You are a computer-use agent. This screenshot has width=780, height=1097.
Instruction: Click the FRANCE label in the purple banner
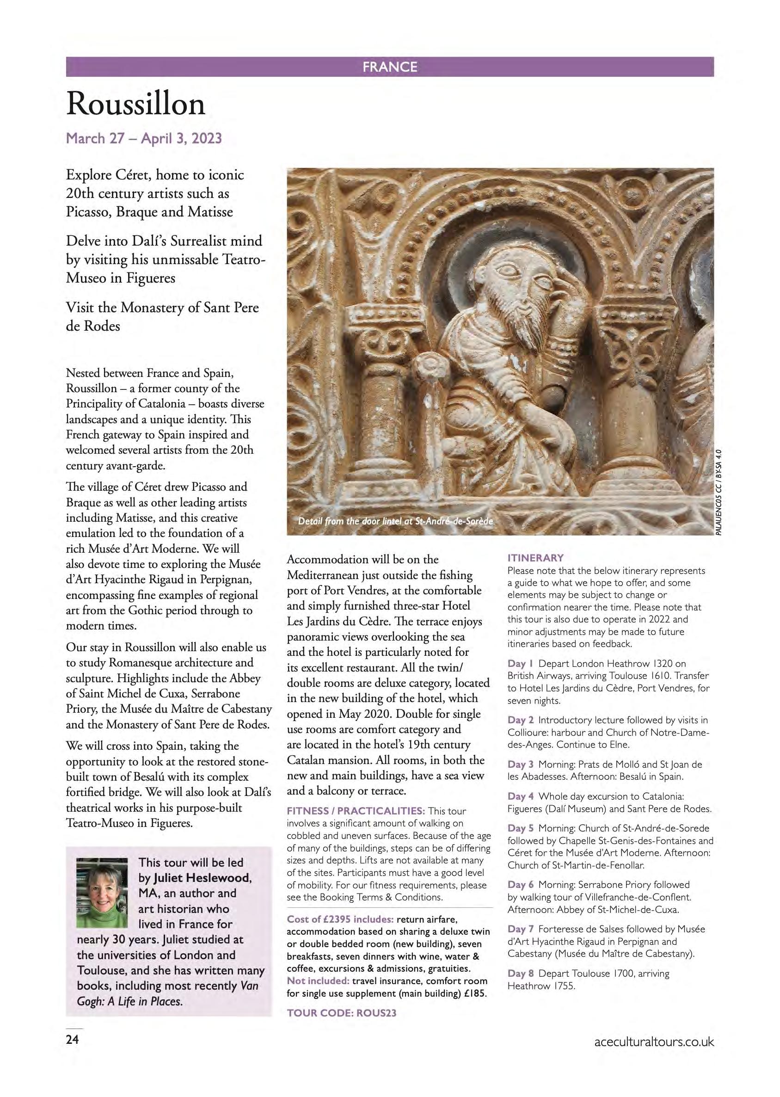point(389,67)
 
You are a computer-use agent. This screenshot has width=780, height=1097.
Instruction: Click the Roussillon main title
point(136,104)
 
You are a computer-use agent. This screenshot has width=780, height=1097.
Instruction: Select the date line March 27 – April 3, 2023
point(144,138)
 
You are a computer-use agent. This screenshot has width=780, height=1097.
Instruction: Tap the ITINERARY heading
point(535,558)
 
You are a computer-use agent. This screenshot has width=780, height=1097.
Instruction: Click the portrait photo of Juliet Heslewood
point(102,892)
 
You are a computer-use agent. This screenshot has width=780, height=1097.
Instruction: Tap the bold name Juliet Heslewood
point(202,878)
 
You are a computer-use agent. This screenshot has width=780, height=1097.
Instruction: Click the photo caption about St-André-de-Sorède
point(395,521)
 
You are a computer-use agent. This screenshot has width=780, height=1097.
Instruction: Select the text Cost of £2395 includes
point(340,919)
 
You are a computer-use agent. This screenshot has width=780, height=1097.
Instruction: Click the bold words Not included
point(318,981)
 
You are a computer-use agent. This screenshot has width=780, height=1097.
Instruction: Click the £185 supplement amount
point(475,993)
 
